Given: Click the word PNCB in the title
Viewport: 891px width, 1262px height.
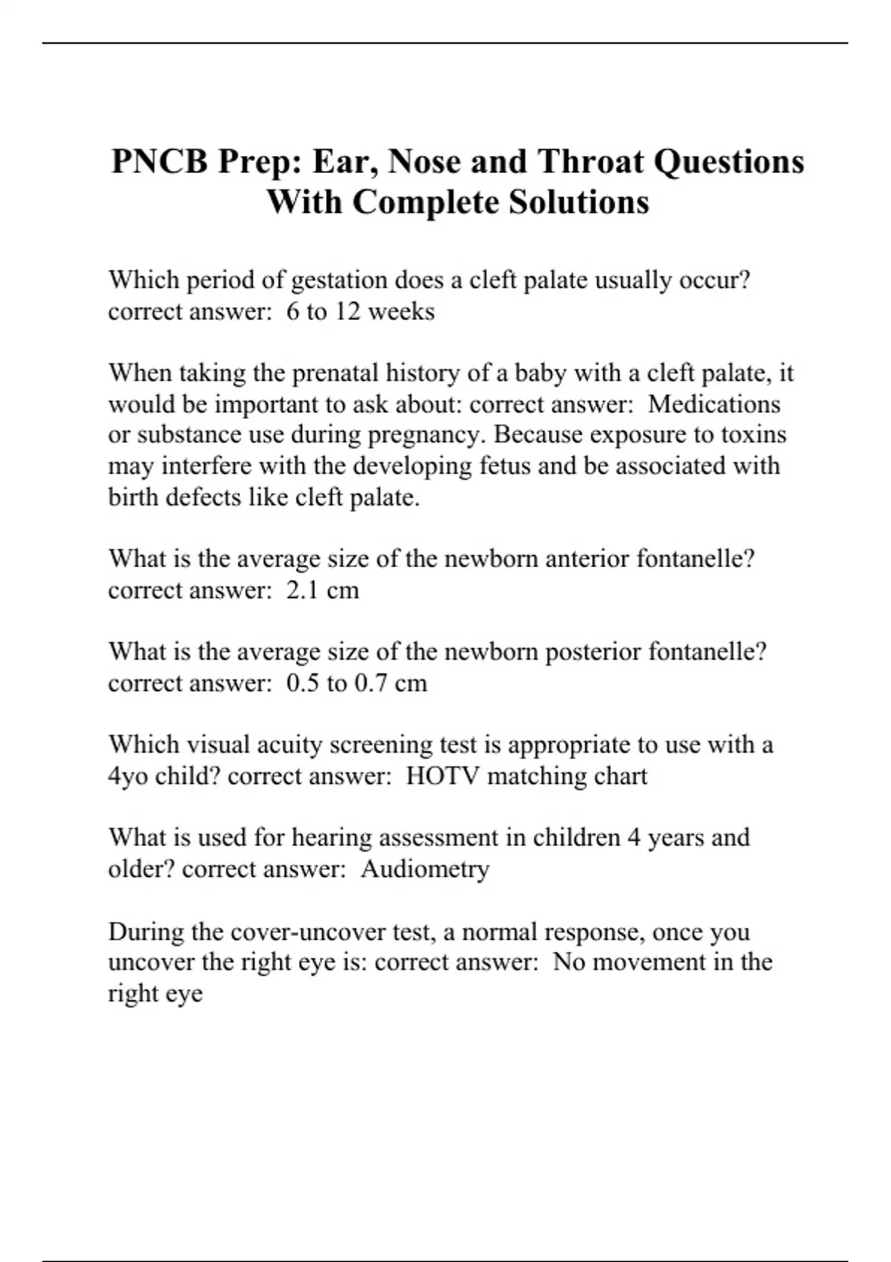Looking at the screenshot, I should (x=159, y=162).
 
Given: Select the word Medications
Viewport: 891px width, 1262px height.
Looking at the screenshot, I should (x=714, y=405).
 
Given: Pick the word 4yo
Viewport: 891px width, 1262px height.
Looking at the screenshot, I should (x=128, y=777).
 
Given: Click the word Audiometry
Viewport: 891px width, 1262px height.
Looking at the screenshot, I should (x=425, y=869).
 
